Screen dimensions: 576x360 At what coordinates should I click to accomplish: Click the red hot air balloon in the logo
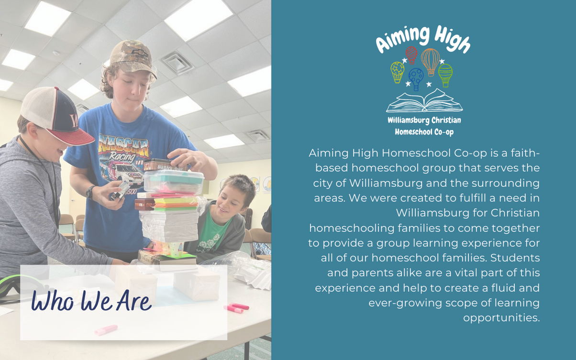(x=411, y=55)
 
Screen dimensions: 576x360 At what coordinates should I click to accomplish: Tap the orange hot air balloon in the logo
(x=431, y=62)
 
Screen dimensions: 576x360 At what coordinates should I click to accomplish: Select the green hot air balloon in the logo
(x=445, y=75)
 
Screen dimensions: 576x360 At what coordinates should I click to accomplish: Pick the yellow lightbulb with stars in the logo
(x=397, y=72)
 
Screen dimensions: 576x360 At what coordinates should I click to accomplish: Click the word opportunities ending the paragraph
(x=501, y=318)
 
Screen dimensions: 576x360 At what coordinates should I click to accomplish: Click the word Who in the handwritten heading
(x=53, y=300)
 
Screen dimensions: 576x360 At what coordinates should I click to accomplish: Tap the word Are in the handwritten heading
(x=134, y=301)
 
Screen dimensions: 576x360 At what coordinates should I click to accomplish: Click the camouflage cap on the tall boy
(x=132, y=57)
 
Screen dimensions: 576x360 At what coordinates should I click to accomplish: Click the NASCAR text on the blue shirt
(x=124, y=146)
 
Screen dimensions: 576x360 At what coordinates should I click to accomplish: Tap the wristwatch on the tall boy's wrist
(x=90, y=193)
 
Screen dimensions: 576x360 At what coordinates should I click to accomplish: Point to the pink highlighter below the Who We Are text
(x=106, y=330)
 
